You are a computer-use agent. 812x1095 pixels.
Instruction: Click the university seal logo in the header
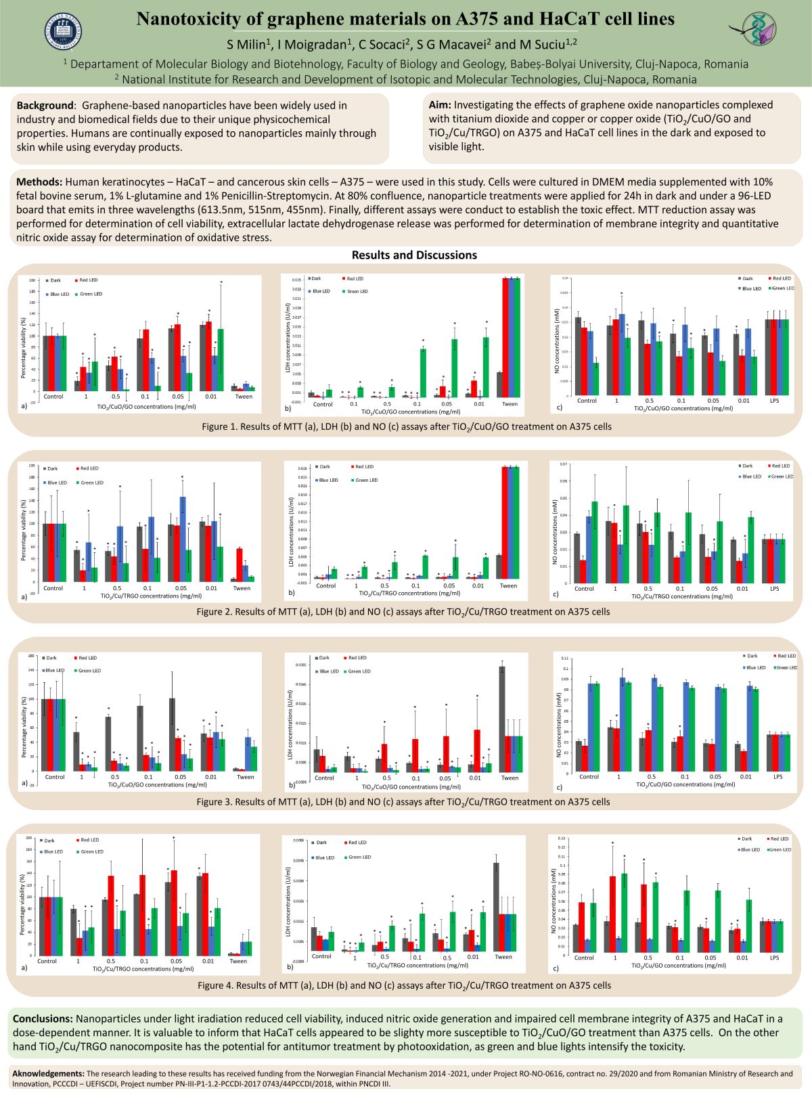point(64,31)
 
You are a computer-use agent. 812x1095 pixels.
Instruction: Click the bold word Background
point(45,106)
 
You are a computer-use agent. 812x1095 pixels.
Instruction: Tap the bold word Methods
point(39,182)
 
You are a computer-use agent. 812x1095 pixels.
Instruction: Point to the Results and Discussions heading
point(414,255)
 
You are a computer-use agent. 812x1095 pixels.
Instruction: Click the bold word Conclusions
point(43,1019)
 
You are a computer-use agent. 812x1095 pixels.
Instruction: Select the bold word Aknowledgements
point(48,1073)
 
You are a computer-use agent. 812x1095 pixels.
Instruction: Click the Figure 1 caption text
point(406,427)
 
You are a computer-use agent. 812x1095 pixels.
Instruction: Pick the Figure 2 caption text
point(403,612)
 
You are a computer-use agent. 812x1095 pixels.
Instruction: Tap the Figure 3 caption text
point(403,802)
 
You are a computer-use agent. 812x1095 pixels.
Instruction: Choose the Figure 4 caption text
point(404,985)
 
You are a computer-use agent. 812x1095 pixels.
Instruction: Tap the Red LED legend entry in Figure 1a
point(88,280)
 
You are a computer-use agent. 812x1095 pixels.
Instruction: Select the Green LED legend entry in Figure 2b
point(365,481)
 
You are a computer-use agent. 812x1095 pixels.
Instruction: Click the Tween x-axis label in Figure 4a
point(238,961)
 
